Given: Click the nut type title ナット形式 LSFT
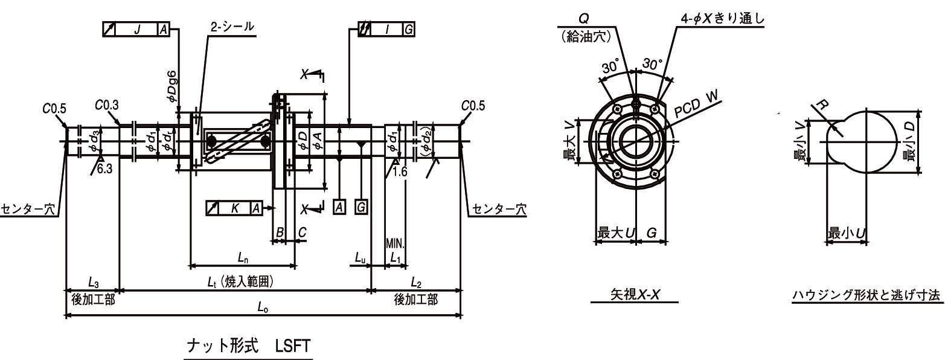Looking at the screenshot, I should click(x=248, y=347).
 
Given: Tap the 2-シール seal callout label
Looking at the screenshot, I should click(x=232, y=27).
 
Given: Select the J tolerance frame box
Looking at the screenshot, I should click(x=136, y=30).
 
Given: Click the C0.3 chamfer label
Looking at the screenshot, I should click(x=107, y=104).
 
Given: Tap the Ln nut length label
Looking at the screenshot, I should click(x=243, y=258).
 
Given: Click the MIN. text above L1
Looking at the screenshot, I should click(x=396, y=243).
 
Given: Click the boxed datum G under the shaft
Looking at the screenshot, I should click(x=361, y=207).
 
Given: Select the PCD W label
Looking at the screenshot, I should click(x=697, y=104).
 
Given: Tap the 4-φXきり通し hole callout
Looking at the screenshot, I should click(x=722, y=19).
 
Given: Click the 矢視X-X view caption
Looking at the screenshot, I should click(x=633, y=295).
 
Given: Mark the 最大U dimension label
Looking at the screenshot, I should click(x=615, y=233).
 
